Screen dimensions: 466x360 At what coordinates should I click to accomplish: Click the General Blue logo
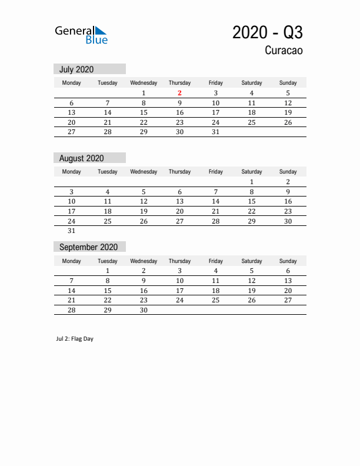(x=81, y=35)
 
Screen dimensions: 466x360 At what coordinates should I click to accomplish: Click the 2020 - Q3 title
(x=268, y=32)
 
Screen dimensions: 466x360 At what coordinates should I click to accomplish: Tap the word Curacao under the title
(x=284, y=51)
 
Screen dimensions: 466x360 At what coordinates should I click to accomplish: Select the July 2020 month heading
(x=76, y=69)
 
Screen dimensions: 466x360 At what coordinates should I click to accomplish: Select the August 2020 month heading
(x=82, y=158)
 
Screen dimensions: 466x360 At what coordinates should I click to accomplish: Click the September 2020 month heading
(x=88, y=247)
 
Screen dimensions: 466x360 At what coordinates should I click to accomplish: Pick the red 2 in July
(x=179, y=93)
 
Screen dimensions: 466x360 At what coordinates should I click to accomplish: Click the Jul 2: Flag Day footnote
(x=75, y=339)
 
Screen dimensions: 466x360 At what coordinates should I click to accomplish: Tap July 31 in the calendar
(x=216, y=132)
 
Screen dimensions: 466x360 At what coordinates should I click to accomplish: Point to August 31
(x=72, y=231)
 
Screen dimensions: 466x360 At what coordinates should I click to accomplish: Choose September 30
(x=144, y=310)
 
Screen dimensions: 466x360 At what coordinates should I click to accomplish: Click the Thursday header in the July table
(x=179, y=83)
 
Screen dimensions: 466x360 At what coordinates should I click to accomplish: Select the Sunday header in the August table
(x=288, y=172)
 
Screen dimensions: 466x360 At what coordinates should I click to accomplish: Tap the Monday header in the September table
(x=72, y=261)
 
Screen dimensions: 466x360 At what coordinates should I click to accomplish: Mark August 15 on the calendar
(x=252, y=201)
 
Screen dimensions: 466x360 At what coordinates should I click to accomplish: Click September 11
(x=216, y=281)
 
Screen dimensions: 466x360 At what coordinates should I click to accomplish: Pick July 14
(x=108, y=112)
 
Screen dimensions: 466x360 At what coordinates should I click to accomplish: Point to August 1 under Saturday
(x=252, y=182)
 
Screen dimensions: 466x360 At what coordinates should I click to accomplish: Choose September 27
(x=288, y=300)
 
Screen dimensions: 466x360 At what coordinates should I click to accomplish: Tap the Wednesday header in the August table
(x=144, y=172)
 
